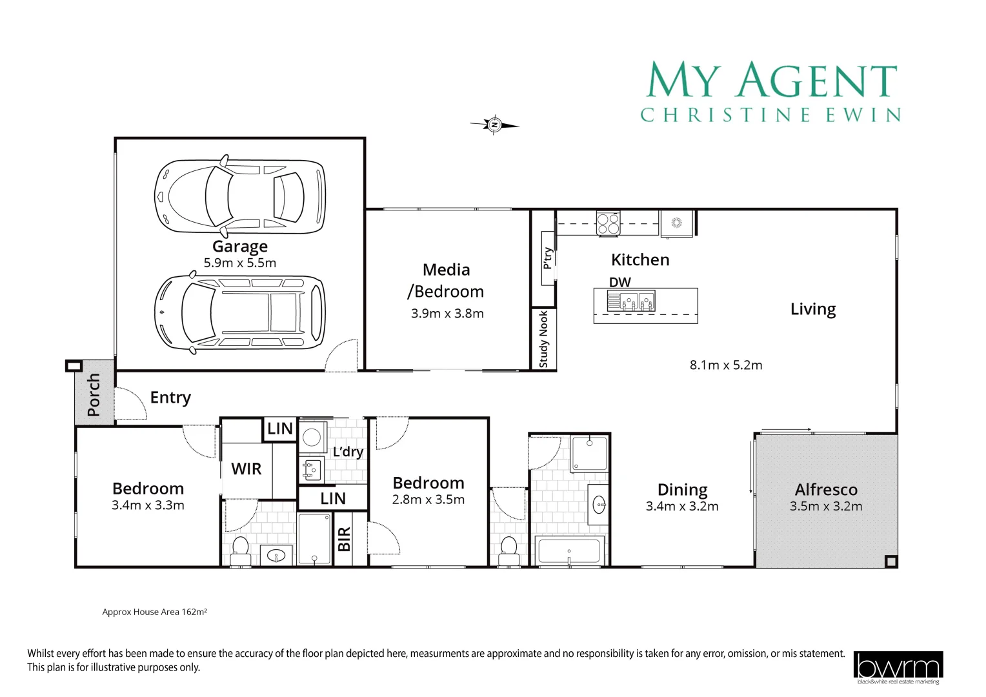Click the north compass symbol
[495, 125]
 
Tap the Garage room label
[240, 247]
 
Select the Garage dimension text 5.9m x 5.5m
[240, 263]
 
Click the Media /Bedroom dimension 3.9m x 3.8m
[447, 314]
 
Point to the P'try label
[548, 258]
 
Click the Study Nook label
[543, 339]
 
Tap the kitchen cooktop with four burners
[608, 223]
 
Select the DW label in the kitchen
[620, 282]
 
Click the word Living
[813, 310]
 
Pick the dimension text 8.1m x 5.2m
[726, 365]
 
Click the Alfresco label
[826, 490]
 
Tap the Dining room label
[682, 490]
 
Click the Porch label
[94, 394]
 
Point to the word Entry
[170, 398]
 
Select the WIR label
[246, 469]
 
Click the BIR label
[345, 539]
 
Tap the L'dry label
[348, 452]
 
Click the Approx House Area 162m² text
[155, 612]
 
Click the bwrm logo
[898, 667]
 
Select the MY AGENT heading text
[772, 81]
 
